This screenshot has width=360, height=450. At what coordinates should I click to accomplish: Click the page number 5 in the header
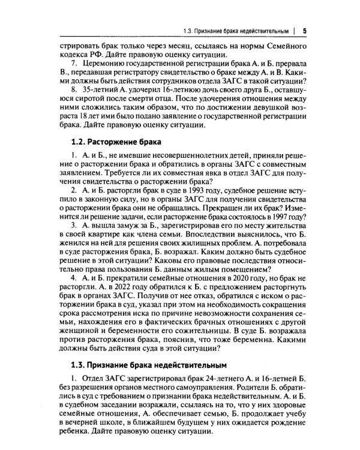pos(305,31)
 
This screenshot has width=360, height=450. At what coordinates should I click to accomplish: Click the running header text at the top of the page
pos(237,31)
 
